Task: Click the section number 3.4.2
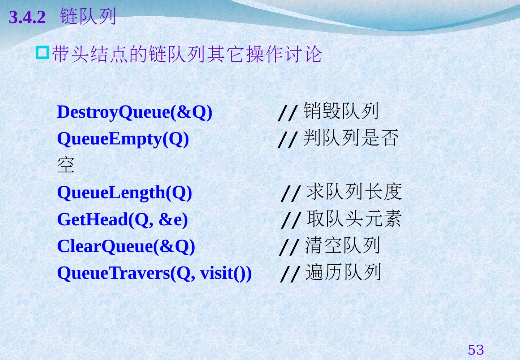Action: (27, 17)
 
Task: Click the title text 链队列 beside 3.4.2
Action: (88, 16)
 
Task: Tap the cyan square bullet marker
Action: (43, 52)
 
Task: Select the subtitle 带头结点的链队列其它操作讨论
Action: (187, 54)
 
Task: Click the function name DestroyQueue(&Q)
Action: (135, 112)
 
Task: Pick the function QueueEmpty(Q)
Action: (123, 139)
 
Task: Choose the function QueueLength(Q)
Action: (125, 193)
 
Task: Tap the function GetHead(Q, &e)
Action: (122, 220)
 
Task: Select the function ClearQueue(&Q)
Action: (126, 246)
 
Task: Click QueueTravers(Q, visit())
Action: (155, 273)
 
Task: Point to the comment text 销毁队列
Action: (341, 111)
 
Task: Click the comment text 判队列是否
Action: (351, 138)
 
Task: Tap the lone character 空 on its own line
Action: (66, 165)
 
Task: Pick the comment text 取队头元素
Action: (354, 218)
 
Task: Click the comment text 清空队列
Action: (342, 245)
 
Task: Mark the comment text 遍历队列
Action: (343, 272)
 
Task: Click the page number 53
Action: (476, 350)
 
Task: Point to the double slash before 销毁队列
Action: (288, 113)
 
